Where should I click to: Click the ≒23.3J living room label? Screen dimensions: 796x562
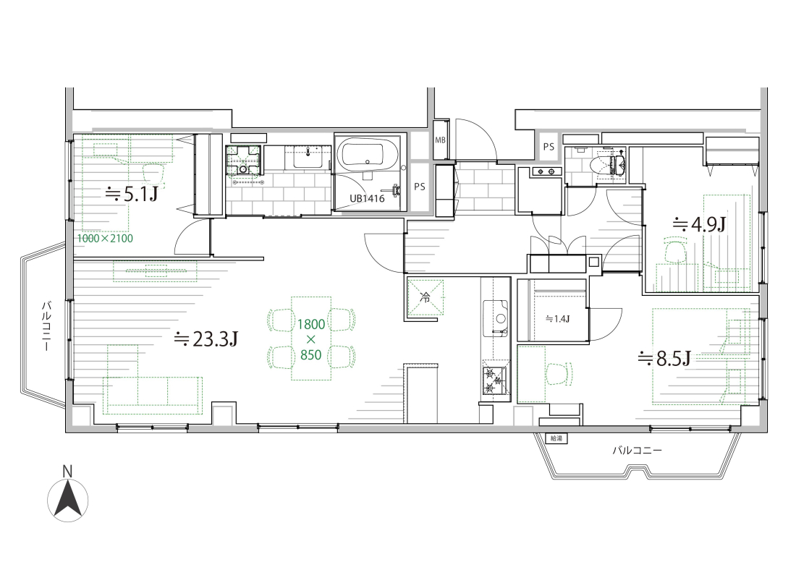point(206,339)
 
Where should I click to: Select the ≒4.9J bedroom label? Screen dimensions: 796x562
point(699,223)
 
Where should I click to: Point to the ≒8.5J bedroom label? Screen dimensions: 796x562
point(664,359)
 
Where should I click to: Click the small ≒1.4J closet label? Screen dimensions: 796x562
point(557,318)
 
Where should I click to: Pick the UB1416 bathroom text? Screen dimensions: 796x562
point(367,198)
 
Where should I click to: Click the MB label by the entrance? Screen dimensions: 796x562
point(440,140)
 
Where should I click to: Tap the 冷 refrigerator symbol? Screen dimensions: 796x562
point(426,298)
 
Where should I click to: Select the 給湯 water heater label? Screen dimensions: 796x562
point(557,438)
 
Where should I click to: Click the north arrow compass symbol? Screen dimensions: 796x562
point(67,500)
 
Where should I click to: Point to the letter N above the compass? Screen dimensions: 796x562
point(67,472)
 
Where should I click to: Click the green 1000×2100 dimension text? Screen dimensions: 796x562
point(105,239)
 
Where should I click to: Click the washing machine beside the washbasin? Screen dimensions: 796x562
point(244,160)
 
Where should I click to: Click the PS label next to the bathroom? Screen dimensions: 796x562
point(419,187)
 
